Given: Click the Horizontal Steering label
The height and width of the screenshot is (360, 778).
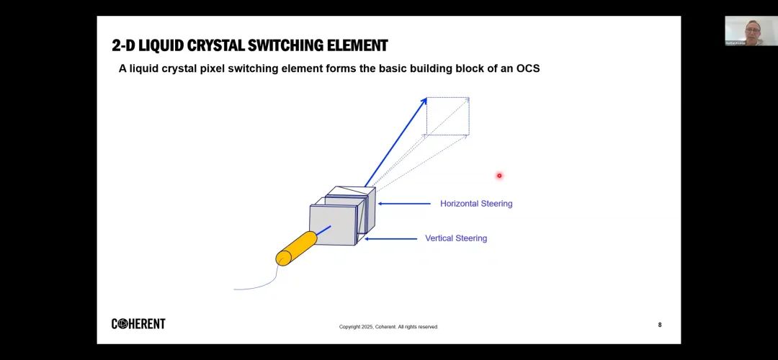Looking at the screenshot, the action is point(476,204).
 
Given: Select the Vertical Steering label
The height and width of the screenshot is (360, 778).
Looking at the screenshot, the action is point(456,238).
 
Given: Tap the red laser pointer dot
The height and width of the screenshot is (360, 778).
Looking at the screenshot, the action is point(498,176).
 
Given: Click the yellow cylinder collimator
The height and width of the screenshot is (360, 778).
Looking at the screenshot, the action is point(296,248).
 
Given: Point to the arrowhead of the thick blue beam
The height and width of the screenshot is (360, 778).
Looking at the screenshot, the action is point(424,102).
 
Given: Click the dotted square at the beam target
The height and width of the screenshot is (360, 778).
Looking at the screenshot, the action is point(447,116).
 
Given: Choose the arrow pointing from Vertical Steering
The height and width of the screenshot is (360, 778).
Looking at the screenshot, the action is point(390,238).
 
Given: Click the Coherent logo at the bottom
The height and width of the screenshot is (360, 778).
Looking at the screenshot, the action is point(138,324).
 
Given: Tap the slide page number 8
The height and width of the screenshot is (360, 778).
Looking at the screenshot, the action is point(659,325).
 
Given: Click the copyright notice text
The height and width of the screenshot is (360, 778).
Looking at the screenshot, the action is point(388,327).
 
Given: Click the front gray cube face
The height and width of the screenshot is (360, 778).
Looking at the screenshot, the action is point(333,225).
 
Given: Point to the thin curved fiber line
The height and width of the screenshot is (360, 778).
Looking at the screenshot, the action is point(259,284).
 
